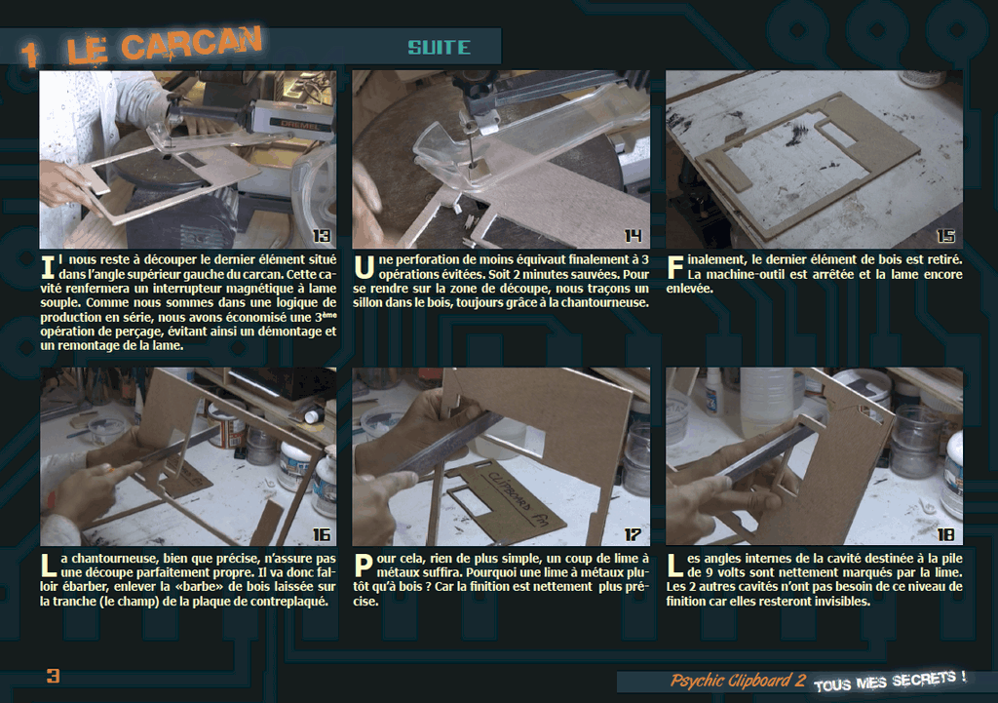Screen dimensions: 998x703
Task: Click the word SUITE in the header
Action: coord(440,47)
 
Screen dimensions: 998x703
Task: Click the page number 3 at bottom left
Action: coord(53,676)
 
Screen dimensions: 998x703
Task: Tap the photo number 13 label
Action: coord(322,236)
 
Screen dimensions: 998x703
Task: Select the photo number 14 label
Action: coord(633,236)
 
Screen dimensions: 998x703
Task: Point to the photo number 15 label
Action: coord(945,236)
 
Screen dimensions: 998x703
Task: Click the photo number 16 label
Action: coord(322,534)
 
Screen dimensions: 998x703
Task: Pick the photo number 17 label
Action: coord(633,534)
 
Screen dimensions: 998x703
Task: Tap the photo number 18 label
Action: coord(945,534)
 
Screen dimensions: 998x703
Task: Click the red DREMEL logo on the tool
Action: coord(300,124)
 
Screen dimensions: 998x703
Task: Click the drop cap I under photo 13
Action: coord(48,267)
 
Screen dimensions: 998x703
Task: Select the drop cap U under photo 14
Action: coord(365,267)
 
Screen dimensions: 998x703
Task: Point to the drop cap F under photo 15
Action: coord(674,267)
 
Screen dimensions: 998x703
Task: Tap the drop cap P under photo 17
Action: coord(363,566)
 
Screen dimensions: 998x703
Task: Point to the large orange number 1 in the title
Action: coord(28,55)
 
